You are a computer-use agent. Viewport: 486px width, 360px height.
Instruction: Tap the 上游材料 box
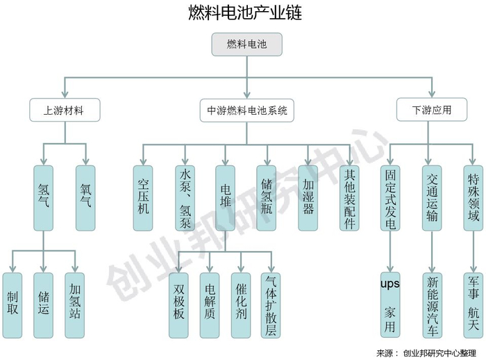65,110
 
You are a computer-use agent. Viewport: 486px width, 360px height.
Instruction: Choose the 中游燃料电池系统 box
247,110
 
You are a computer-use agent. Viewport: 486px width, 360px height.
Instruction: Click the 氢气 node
43,188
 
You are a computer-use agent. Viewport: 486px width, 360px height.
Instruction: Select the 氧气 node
85,188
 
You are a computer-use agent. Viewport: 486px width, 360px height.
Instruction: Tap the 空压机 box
144,188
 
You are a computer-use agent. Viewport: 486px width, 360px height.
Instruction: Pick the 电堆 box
226,188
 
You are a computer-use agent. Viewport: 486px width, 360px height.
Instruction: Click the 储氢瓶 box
267,188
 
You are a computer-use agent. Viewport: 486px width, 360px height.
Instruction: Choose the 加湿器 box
308,188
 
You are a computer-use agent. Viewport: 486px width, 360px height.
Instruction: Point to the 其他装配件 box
349,188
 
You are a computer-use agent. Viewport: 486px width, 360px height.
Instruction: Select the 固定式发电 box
390,188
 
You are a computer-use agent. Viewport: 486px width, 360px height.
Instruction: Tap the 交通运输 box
432,188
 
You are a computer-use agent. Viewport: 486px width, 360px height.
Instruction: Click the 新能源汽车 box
432,304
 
